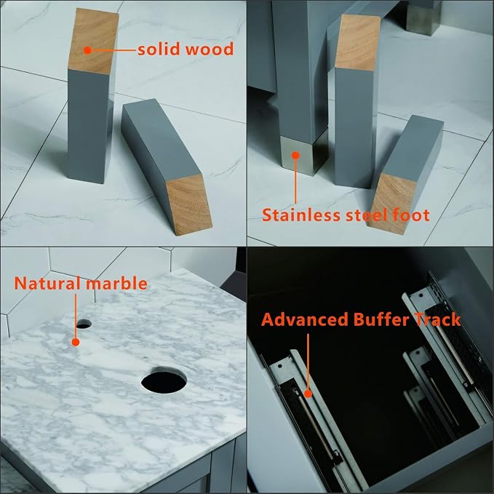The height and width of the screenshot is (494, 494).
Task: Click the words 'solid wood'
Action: [x=186, y=49]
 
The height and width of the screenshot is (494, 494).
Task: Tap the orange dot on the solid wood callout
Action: [x=87, y=50]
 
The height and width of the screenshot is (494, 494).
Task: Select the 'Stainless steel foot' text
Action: [x=346, y=215]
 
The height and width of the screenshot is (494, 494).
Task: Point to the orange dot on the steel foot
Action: [x=295, y=155]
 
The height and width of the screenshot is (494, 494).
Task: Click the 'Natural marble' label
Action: [x=81, y=283]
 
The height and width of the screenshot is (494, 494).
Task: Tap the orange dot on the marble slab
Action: [x=76, y=342]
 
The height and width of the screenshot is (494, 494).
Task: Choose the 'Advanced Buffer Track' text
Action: [x=361, y=319]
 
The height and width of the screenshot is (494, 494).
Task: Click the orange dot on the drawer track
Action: [x=308, y=393]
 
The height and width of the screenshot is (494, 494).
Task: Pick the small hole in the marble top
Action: [x=84, y=324]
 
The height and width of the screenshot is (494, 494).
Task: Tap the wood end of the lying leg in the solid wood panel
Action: [x=189, y=204]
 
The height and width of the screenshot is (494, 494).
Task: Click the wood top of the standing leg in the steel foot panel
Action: [x=357, y=43]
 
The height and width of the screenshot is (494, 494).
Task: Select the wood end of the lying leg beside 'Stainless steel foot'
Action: [x=392, y=204]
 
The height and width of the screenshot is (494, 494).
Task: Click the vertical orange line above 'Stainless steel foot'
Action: [x=295, y=181]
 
